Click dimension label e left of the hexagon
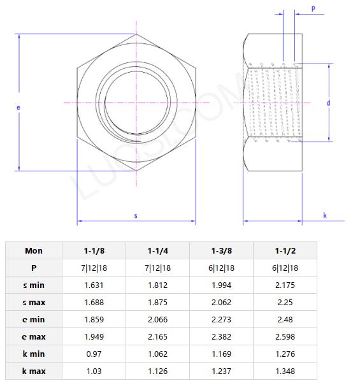(18, 108)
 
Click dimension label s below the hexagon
(135, 216)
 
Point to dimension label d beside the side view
(328, 103)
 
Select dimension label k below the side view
(324, 216)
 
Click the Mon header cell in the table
(34, 250)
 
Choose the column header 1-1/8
(94, 250)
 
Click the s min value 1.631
(94, 285)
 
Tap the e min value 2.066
(157, 319)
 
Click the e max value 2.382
(221, 336)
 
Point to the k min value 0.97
(94, 354)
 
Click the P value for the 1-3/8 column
(221, 268)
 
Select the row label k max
(34, 371)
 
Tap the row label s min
(34, 285)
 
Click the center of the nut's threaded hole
(135, 103)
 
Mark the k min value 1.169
(221, 354)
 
